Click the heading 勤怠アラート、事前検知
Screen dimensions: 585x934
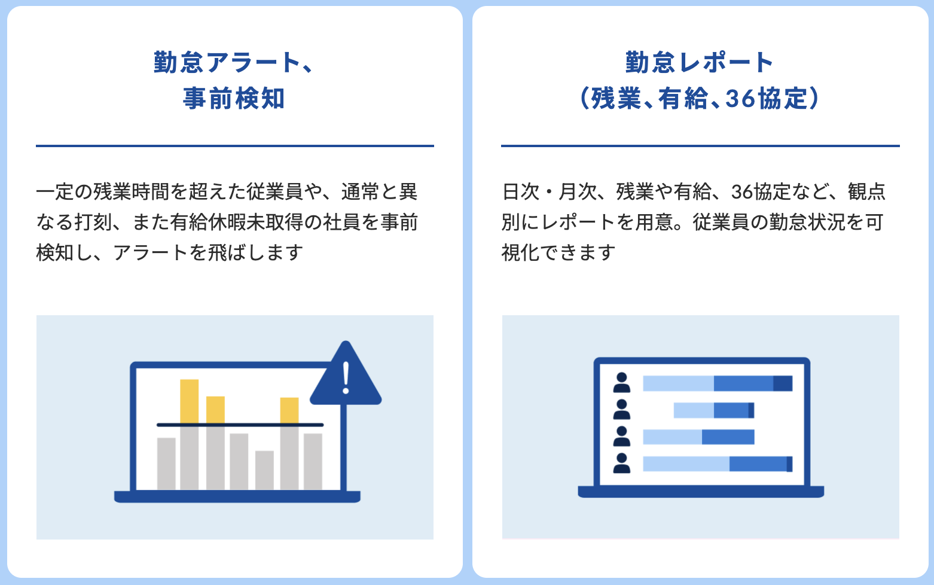tap(234, 80)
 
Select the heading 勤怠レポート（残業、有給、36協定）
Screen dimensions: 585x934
tap(700, 80)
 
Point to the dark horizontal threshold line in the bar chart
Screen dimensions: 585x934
tap(240, 425)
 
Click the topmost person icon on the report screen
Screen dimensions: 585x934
tap(622, 383)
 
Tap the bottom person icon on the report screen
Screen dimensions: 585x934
tap(622, 464)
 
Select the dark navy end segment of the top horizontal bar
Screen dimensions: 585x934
tap(782, 383)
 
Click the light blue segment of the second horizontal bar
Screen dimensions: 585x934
tap(694, 410)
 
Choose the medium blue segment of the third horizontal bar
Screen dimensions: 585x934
tap(728, 437)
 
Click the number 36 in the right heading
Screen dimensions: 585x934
tap(740, 99)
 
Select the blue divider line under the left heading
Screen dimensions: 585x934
tap(234, 145)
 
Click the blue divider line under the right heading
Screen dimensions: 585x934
tap(700, 145)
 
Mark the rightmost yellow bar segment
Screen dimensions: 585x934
tap(289, 410)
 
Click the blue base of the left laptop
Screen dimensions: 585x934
tap(237, 496)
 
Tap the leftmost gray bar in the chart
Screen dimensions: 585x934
tap(166, 464)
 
